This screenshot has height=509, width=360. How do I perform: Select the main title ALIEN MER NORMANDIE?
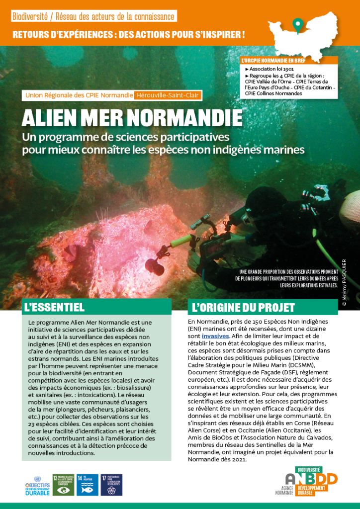pos(132,117)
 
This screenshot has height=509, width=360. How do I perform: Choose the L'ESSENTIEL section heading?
pos(55,307)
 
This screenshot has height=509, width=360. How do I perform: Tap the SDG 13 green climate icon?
pos(63,485)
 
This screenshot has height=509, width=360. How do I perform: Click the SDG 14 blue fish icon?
pos(87,485)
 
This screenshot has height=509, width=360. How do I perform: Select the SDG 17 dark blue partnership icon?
pos(111,485)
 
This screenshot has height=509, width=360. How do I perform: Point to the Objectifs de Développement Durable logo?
pos(37,485)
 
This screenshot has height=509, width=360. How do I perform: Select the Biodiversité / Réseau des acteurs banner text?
pos(93,16)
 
